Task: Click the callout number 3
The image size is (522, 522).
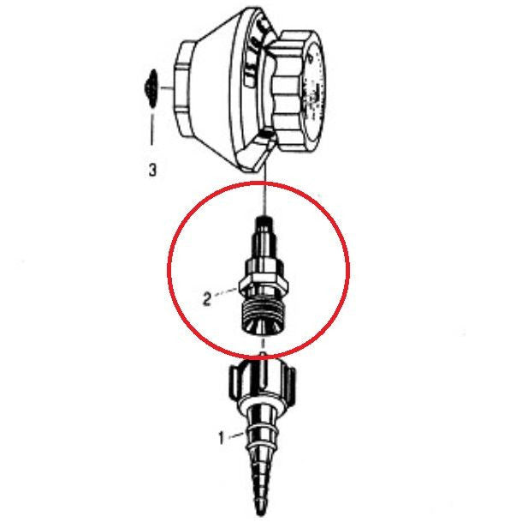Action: point(152,171)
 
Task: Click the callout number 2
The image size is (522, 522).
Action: point(206,299)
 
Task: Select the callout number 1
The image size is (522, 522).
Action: point(221,438)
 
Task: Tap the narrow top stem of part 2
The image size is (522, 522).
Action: point(264,230)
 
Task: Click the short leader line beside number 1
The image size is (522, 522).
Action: point(236,437)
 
